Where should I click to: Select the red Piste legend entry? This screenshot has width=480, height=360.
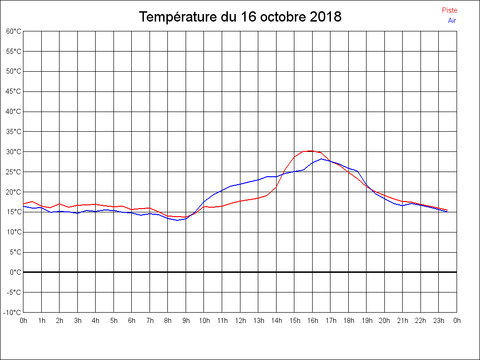[450, 10]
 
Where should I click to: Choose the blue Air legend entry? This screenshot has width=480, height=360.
[452, 20]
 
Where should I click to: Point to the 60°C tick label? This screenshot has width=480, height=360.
[14, 31]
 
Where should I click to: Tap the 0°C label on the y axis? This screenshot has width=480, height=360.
[15, 272]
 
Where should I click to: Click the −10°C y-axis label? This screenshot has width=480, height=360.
[13, 312]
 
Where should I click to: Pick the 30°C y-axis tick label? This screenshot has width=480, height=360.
[14, 152]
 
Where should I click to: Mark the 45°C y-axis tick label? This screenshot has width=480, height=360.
[14, 91]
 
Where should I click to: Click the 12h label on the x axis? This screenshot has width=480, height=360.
[240, 321]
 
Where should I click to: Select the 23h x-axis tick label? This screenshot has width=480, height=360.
[439, 321]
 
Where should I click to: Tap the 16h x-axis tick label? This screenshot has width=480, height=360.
[312, 321]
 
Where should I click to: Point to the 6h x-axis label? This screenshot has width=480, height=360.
[132, 321]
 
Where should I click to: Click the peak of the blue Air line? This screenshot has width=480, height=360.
[321, 159]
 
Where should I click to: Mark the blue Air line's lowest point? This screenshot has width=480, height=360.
[177, 220]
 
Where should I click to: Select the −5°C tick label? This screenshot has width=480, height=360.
[15, 292]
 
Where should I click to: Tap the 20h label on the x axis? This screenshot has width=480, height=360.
[384, 321]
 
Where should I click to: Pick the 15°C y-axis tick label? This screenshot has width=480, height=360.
[14, 212]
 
